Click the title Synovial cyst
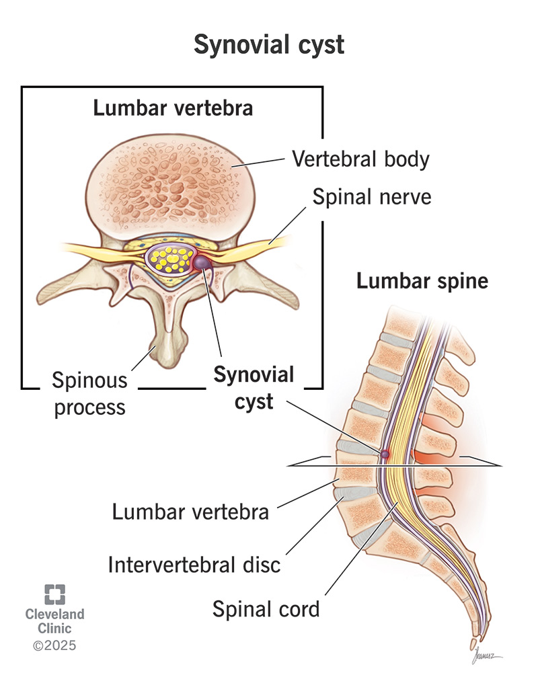[269, 45]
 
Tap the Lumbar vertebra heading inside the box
[172, 108]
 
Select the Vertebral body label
[360, 159]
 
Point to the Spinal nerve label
[371, 197]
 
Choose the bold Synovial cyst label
[254, 387]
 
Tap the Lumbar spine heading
[422, 280]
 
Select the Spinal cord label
[266, 609]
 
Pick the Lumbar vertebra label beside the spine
[190, 512]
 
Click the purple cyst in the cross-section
[202, 262]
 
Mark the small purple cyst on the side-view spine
[385, 454]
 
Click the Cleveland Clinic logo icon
[56, 594]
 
